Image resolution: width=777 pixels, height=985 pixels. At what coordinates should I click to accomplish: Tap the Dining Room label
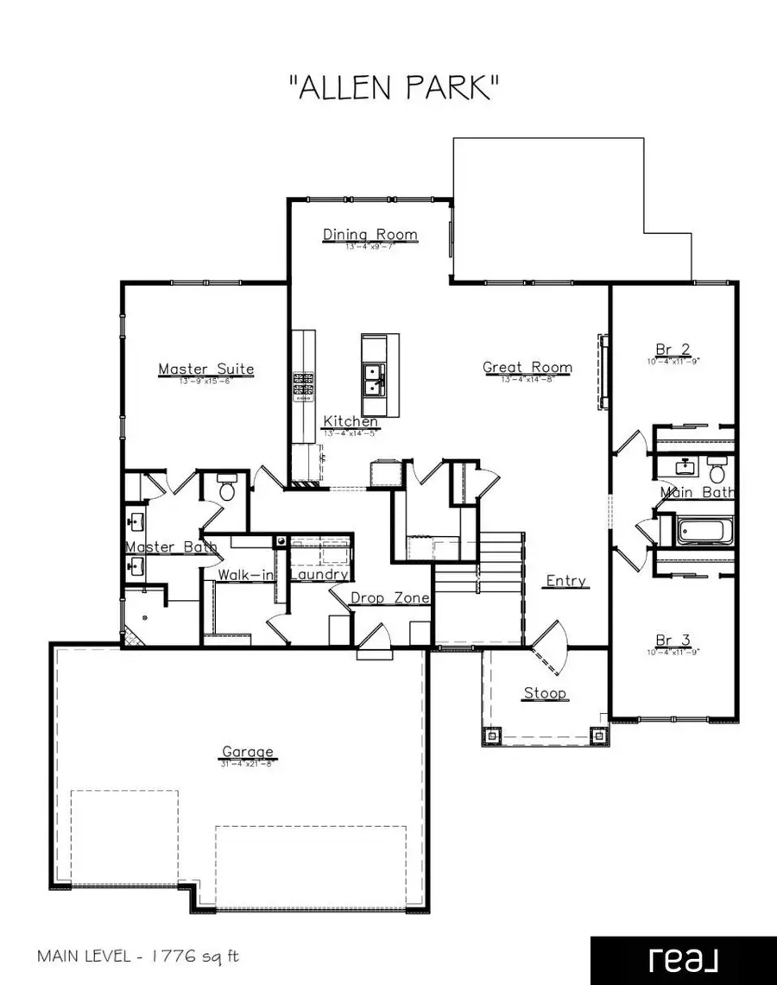[x=370, y=235]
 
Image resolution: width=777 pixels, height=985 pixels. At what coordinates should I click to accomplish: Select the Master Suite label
[x=205, y=369]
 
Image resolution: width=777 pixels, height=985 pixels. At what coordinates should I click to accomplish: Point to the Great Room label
[x=527, y=368]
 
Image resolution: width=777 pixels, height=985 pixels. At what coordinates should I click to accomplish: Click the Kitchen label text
[x=351, y=421]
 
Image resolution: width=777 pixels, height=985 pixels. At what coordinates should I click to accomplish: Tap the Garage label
[x=247, y=752]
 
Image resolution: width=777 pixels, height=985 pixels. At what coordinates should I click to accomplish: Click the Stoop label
[x=545, y=693]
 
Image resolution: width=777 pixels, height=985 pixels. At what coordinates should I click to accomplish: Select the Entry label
[x=566, y=581]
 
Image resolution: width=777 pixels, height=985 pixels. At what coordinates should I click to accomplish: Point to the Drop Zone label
[x=390, y=598]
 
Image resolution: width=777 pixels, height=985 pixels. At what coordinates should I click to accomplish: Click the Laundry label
[x=318, y=574]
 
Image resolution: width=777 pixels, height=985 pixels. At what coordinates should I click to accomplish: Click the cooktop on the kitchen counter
[x=303, y=387]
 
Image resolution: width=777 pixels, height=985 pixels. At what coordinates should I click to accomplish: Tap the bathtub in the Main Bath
[x=705, y=529]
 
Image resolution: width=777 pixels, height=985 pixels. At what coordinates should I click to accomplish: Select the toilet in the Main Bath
[x=716, y=471]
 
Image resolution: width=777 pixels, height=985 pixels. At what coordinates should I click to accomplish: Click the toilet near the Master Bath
[x=226, y=491]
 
